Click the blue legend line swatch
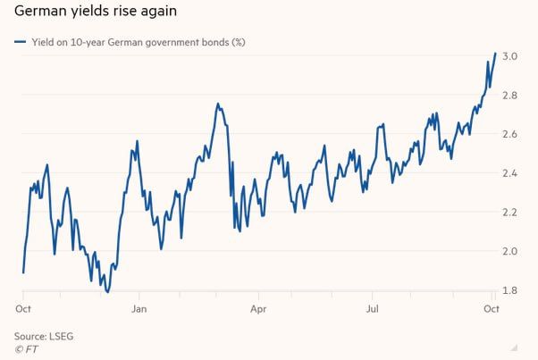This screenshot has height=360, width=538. pyautogui.click(x=19, y=41)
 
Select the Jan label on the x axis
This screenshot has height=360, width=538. pyautogui.click(x=139, y=308)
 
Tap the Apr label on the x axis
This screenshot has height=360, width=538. pyautogui.click(x=257, y=308)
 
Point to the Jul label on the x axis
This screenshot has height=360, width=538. pyautogui.click(x=375, y=308)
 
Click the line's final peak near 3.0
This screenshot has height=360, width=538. pyautogui.click(x=496, y=54)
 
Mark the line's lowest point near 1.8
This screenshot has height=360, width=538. pyautogui.click(x=108, y=291)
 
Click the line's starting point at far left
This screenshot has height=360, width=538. pyautogui.click(x=23, y=272)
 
